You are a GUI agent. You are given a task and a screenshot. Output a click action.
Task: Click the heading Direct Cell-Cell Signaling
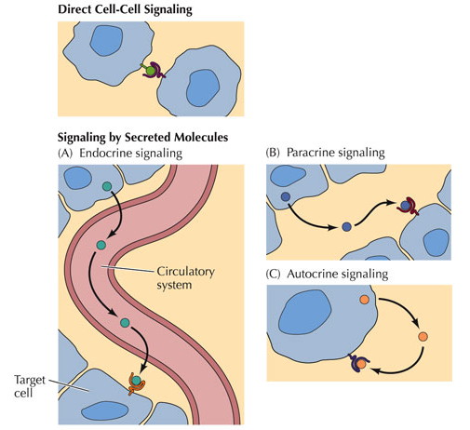(x=125, y=10)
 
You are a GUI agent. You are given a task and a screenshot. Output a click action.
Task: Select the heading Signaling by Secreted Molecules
(x=142, y=138)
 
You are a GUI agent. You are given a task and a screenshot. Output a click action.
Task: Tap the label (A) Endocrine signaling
(x=120, y=154)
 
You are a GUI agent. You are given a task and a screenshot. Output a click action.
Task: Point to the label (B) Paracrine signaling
(x=326, y=153)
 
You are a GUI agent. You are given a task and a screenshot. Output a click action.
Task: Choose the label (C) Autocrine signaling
(x=327, y=274)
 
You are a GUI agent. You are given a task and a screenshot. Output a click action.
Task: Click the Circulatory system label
(x=185, y=278)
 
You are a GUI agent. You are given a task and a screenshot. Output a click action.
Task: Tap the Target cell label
(x=30, y=386)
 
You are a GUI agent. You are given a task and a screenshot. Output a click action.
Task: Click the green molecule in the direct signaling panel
(x=151, y=71)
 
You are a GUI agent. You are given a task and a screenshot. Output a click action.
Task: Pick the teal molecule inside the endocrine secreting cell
(x=107, y=186)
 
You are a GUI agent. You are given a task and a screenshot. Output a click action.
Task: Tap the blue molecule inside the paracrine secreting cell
(x=285, y=196)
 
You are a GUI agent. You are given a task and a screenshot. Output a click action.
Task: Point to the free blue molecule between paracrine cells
(x=346, y=227)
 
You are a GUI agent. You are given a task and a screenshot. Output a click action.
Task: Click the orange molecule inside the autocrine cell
(x=364, y=300)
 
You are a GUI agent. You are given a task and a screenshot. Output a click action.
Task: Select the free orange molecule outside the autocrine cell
(x=423, y=337)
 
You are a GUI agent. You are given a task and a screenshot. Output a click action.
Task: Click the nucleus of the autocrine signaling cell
(x=305, y=312)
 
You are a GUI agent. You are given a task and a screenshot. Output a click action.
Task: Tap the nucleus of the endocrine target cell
(x=104, y=410)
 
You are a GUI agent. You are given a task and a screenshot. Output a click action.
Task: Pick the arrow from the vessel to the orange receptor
(x=144, y=347)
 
